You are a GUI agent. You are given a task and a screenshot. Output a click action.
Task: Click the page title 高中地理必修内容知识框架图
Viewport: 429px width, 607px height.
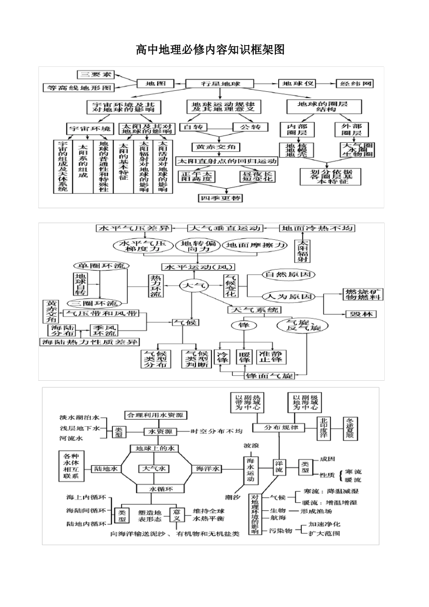210,49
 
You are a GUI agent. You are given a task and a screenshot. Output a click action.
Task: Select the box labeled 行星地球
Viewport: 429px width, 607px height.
220,84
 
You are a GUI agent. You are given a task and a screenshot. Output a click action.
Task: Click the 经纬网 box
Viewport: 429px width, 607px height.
355,84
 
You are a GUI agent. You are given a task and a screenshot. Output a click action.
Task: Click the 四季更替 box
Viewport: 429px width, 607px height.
220,198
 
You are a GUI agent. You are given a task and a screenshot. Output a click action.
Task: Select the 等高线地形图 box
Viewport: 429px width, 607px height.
79,88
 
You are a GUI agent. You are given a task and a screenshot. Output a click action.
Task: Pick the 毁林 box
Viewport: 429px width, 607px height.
360,314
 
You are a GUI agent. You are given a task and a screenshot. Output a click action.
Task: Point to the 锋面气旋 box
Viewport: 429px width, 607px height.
269,375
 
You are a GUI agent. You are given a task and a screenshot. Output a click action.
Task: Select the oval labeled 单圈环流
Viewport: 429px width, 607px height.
100,266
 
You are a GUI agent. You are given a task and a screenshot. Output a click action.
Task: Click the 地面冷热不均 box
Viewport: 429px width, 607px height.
317,228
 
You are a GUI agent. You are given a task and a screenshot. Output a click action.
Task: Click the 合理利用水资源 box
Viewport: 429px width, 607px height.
156,415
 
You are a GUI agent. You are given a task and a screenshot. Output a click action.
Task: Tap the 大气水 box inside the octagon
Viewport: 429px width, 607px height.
154,469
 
